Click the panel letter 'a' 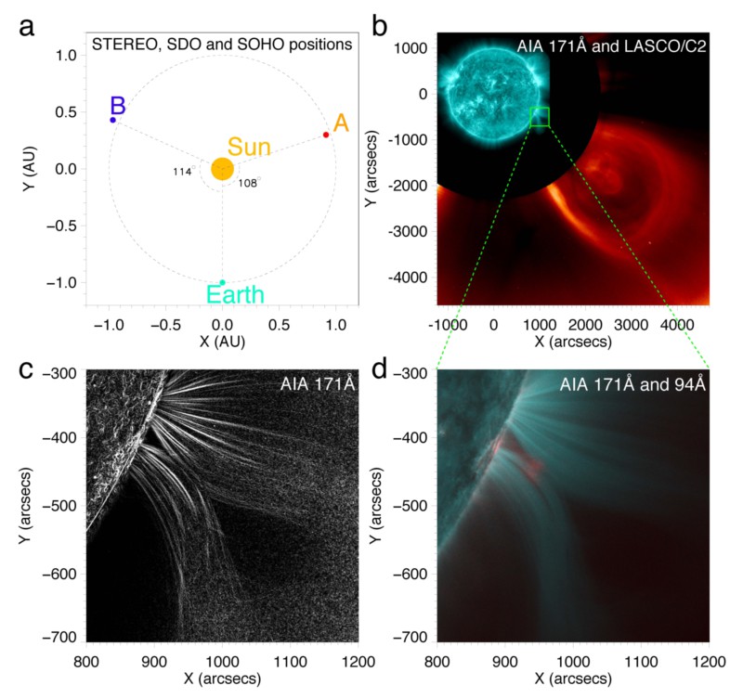pyautogui.click(x=28, y=26)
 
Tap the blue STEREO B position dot pyautogui.click(x=112, y=120)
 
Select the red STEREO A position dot pyautogui.click(x=326, y=135)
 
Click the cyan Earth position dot pyautogui.click(x=222, y=282)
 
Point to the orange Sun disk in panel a pyautogui.click(x=222, y=169)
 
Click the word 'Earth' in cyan pyautogui.click(x=236, y=295)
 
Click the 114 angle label pyautogui.click(x=181, y=172)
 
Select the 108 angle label pyautogui.click(x=248, y=183)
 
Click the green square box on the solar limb pyautogui.click(x=540, y=117)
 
